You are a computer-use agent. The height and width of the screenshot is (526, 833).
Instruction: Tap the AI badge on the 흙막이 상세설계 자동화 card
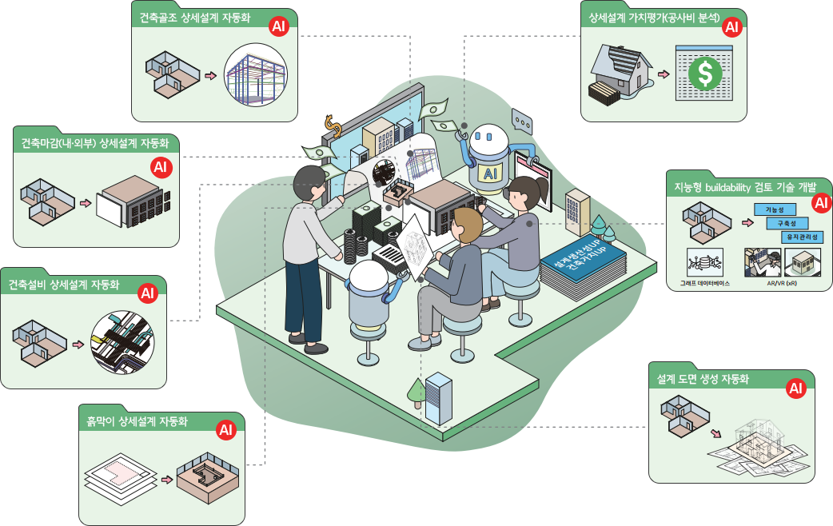[x=225, y=430]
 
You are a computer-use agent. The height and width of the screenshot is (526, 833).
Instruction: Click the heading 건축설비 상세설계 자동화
[x=63, y=285]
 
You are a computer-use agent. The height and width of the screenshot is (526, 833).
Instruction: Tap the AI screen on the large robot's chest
[x=487, y=171]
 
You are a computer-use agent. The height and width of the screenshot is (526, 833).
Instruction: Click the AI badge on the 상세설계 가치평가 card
[x=731, y=27]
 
